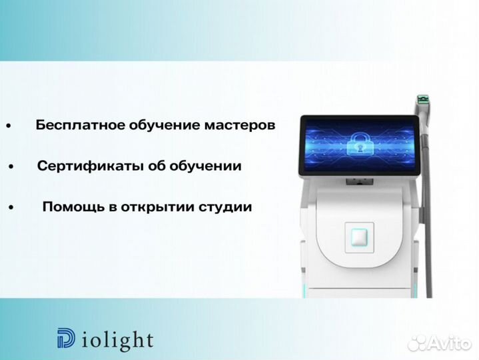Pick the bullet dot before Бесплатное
[9, 126]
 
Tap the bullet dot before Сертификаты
[11, 167]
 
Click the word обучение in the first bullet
[155, 125]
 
